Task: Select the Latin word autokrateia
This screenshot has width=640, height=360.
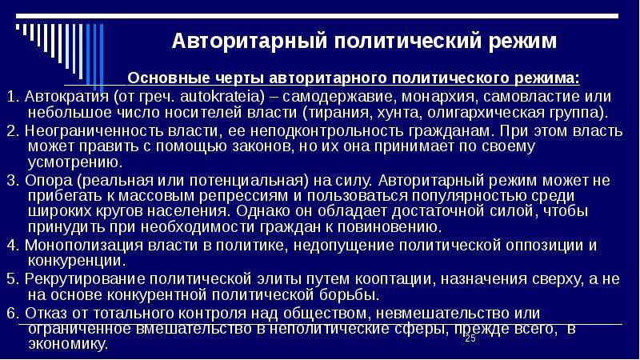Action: [220, 96]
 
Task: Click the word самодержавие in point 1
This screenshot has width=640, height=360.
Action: [338, 96]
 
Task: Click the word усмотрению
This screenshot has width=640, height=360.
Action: [75, 162]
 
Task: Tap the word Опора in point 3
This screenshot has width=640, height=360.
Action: [48, 180]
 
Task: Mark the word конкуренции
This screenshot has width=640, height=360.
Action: [76, 260]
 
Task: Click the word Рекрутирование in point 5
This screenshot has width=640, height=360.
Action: [85, 278]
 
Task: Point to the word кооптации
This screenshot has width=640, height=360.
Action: [394, 278]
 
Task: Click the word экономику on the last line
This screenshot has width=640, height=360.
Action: [68, 344]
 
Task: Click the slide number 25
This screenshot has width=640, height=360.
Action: [470, 338]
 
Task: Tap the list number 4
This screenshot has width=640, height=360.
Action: [12, 246]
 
